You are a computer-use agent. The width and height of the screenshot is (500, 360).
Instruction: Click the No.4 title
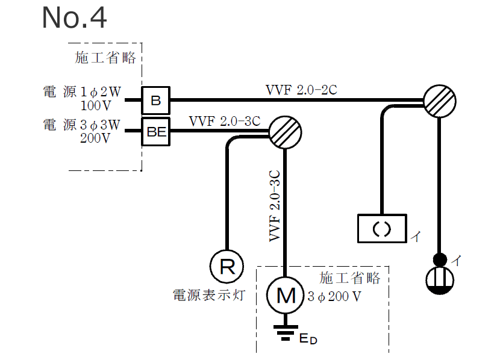click(74, 18)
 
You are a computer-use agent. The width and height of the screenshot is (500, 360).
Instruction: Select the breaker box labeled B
click(156, 100)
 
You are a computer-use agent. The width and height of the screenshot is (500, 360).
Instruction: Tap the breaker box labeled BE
click(156, 132)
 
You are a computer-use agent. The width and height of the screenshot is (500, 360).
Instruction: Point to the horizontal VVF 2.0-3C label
click(224, 121)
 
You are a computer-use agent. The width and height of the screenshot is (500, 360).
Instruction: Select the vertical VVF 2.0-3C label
click(275, 205)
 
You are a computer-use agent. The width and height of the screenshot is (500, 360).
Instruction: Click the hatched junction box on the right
click(439, 100)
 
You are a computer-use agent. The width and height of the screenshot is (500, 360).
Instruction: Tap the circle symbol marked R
click(227, 266)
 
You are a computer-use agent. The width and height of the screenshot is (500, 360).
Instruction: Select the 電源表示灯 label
click(209, 295)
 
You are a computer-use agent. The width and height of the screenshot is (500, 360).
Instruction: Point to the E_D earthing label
click(307, 339)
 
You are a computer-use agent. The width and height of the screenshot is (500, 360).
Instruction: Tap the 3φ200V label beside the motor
click(334, 296)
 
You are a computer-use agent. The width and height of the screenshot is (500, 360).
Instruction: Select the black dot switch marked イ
click(440, 259)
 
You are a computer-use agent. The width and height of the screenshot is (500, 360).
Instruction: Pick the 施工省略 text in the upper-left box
click(105, 58)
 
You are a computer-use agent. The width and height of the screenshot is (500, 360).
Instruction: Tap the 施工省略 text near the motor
click(350, 278)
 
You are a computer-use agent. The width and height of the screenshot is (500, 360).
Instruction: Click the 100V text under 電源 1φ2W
click(96, 106)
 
